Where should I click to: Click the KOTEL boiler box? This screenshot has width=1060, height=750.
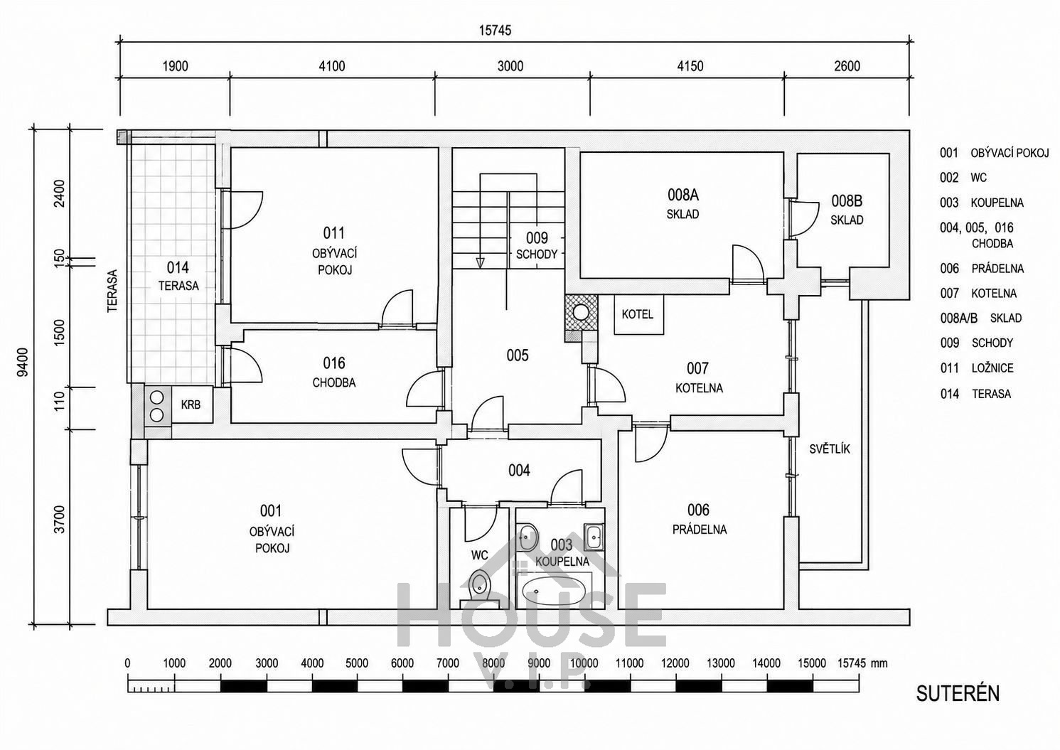pyautogui.click(x=638, y=315)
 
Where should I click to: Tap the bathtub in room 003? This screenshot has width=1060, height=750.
pyautogui.click(x=554, y=591)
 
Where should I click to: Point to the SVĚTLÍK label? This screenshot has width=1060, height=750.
pyautogui.click(x=829, y=449)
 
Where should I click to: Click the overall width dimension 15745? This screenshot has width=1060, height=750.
pyautogui.click(x=495, y=31)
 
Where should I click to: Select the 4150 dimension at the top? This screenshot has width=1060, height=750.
pyautogui.click(x=690, y=66)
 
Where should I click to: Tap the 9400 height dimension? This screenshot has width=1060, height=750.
pyautogui.click(x=22, y=362)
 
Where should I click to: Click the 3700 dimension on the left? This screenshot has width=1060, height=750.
pyautogui.click(x=59, y=520)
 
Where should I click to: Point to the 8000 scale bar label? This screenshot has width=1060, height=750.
pyautogui.click(x=493, y=663)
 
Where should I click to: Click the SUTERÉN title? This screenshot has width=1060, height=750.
pyautogui.click(x=958, y=693)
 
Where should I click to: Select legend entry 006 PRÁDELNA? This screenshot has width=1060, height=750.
pyautogui.click(x=982, y=269)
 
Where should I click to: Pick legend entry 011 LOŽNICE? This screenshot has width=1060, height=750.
pyautogui.click(x=977, y=368)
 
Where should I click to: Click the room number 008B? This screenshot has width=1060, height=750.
pyautogui.click(x=847, y=201)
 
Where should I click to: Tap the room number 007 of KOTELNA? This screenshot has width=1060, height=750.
pyautogui.click(x=697, y=368)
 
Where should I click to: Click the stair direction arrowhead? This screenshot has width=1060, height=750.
pyautogui.click(x=481, y=263)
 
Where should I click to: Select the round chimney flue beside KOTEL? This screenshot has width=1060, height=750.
pyautogui.click(x=580, y=312)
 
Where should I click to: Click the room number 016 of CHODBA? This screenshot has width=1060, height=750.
pyautogui.click(x=334, y=363)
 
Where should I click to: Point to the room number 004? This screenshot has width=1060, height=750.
pyautogui.click(x=519, y=471)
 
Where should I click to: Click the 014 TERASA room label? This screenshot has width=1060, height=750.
pyautogui.click(x=178, y=277)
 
